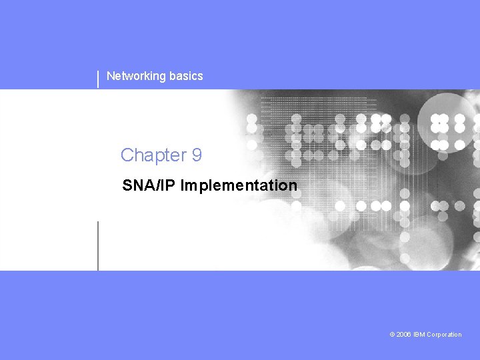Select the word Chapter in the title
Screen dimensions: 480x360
[154, 156]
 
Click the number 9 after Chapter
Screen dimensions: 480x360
[197, 155]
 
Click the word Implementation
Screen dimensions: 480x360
[239, 186]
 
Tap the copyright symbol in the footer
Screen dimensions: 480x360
[392, 335]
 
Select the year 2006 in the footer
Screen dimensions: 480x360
[403, 335]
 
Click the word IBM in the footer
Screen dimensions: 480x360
[419, 335]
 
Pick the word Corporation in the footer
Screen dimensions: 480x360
[444, 335]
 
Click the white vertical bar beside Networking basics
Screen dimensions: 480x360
[98, 79]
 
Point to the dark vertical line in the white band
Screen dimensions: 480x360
[98, 246]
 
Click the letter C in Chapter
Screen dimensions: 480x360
[127, 155]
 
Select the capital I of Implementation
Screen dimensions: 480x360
[183, 185]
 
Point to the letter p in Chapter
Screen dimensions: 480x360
[157, 158]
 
